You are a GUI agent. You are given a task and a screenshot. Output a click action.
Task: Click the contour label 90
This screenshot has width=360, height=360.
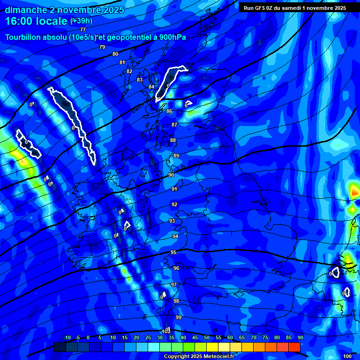(x=171, y=175)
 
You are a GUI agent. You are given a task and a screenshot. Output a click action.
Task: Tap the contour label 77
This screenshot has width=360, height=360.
(x=83, y=30)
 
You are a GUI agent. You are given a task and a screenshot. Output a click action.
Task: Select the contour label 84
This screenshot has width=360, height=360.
(x=151, y=87)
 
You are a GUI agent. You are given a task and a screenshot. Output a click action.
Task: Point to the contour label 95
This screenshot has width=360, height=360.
(x=173, y=253)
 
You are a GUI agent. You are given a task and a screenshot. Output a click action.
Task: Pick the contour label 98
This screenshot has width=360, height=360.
(x=176, y=301)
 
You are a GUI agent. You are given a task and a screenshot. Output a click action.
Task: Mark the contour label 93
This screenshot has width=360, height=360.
(x=172, y=221)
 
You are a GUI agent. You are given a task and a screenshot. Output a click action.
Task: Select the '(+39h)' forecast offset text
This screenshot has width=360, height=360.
(x=81, y=21)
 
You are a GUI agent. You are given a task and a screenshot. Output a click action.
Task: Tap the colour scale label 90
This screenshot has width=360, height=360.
(x=300, y=337)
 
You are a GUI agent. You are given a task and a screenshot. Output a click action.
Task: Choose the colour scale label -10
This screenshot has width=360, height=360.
(x=67, y=337)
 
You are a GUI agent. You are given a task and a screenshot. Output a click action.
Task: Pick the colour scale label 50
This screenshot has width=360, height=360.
(x=207, y=337)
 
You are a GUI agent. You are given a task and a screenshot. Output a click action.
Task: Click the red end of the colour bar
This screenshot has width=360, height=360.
(x=294, y=347)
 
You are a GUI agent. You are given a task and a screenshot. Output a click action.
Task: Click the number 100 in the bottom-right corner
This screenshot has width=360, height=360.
(x=347, y=357)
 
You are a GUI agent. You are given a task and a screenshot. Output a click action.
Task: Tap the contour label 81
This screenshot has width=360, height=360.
(x=122, y=62)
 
